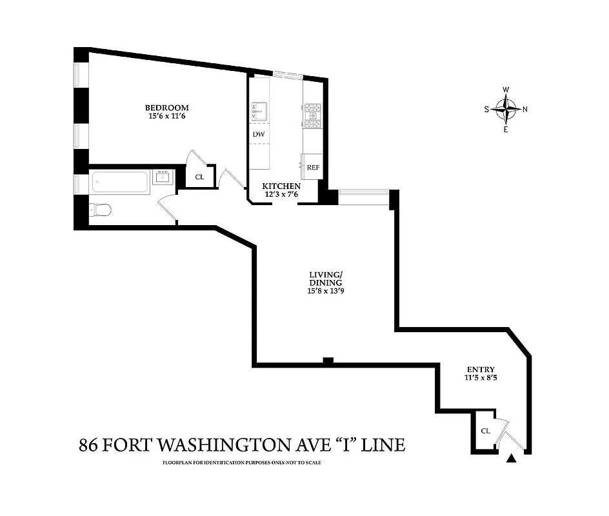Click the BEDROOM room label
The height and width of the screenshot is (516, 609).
(166, 107)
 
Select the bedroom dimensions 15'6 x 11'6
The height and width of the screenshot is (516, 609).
(166, 117)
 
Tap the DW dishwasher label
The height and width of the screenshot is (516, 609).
(258, 134)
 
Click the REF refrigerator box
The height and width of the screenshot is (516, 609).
(313, 167)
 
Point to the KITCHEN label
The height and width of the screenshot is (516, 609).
(281, 186)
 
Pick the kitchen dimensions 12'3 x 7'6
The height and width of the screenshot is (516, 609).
(281, 194)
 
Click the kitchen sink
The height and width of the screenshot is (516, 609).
(259, 111)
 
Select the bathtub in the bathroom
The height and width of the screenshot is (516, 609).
(121, 182)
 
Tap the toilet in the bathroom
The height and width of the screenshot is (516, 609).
(101, 210)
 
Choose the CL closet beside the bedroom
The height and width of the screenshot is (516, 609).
(200, 176)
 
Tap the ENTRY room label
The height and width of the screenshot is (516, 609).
(481, 370)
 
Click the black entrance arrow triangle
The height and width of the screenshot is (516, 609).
(512, 459)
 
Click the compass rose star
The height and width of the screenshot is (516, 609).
(506, 109)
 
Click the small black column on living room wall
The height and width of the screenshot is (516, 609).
(328, 361)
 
